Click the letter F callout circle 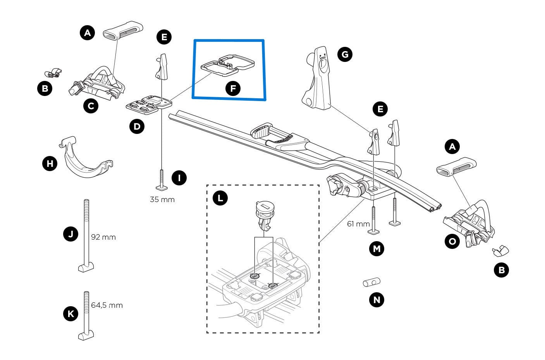click(x=233, y=89)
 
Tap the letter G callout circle click(x=345, y=54)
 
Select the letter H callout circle click(x=50, y=164)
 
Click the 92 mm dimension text click(x=103, y=237)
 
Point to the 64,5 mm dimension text click(x=107, y=305)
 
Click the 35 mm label click(x=162, y=200)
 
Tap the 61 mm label click(x=358, y=224)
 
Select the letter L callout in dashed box click(x=220, y=199)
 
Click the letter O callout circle click(x=452, y=242)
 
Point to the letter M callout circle click(x=377, y=248)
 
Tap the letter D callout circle click(x=136, y=126)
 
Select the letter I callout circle click(x=179, y=178)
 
